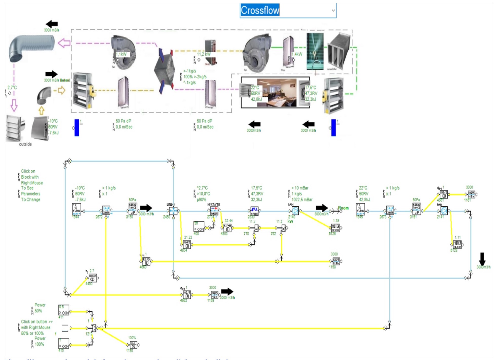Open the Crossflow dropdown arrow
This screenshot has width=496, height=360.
[x=333, y=11]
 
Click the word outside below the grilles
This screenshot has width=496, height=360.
[x=25, y=144]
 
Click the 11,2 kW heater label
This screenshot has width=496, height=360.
[x=204, y=54]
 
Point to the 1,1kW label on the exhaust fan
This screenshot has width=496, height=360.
[x=121, y=54]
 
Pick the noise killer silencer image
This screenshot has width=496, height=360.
[x=339, y=52]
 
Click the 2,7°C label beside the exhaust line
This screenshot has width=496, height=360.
[x=12, y=88]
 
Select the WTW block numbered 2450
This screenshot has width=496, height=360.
[x=173, y=211]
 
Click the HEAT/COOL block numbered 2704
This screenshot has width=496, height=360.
[x=214, y=211]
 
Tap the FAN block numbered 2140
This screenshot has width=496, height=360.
[x=295, y=210]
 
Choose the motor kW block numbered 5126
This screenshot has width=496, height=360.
[x=336, y=228]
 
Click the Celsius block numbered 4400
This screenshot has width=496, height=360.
[x=93, y=278]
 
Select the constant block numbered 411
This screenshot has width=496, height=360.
[x=64, y=310]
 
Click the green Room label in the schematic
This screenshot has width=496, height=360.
[x=343, y=208]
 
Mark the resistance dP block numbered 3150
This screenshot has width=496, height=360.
[x=132, y=209]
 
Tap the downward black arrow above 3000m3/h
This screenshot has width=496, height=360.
[x=482, y=259]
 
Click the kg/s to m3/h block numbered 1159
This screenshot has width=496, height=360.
[x=214, y=294]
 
